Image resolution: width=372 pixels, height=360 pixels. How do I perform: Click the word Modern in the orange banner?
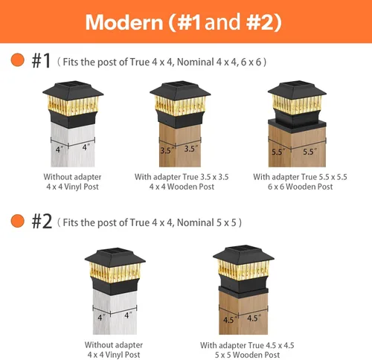[x=124, y=22]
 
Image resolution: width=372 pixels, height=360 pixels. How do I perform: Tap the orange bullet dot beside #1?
[x=18, y=60]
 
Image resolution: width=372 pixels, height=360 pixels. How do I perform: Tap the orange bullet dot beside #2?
[x=18, y=221]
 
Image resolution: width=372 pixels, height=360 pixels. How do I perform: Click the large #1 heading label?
[x=41, y=61]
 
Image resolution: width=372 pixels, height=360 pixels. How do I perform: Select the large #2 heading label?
[x=42, y=222]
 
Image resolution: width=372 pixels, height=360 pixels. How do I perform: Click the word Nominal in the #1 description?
[x=196, y=62]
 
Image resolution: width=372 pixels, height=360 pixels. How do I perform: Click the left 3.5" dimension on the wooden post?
[x=167, y=150]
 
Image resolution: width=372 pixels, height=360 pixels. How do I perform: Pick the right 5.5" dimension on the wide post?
[x=310, y=151]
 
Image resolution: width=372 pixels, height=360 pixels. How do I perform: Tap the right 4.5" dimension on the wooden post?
[x=254, y=318]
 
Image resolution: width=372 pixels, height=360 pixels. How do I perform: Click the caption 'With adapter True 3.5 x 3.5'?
[x=182, y=177]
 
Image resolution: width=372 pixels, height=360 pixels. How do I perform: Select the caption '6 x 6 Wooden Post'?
[x=300, y=187]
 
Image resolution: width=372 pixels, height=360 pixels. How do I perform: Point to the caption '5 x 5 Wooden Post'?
[x=247, y=355]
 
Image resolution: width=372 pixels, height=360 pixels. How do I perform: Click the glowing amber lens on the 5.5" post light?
[x=297, y=104]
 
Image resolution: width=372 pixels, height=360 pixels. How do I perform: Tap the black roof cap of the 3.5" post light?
[x=180, y=91]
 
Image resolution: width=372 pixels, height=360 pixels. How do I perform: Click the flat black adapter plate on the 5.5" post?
[x=297, y=125]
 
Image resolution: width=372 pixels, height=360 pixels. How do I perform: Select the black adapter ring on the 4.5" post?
[x=243, y=292]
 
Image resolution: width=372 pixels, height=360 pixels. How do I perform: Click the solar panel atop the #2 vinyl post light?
[x=115, y=252]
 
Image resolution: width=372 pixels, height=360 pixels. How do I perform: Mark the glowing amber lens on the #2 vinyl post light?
[x=115, y=272]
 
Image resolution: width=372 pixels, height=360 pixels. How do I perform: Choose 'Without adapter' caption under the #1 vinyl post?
[x=72, y=177]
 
